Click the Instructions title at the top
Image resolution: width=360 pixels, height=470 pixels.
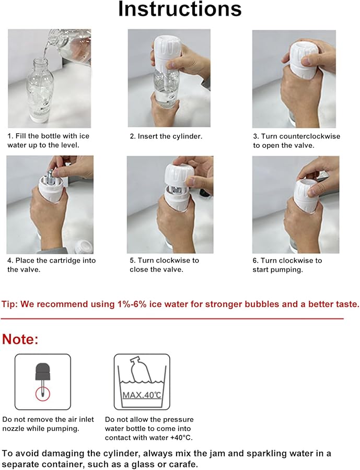point(180,9)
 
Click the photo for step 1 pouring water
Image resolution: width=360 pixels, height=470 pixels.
point(49,78)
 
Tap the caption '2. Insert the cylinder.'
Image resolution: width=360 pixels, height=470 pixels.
point(166,136)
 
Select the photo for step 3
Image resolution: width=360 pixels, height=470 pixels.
point(294,79)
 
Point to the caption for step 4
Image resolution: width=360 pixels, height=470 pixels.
point(51,265)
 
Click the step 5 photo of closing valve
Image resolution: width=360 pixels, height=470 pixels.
point(170,204)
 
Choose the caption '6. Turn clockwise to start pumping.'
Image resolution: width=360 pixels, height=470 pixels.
point(287,265)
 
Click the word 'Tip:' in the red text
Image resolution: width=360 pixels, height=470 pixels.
point(11,304)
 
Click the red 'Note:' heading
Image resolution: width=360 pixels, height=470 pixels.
point(20,339)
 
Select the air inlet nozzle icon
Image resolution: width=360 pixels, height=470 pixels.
point(42,381)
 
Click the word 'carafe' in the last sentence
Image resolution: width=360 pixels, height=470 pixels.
point(183,464)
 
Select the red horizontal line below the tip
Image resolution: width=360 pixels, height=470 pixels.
point(172,318)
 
